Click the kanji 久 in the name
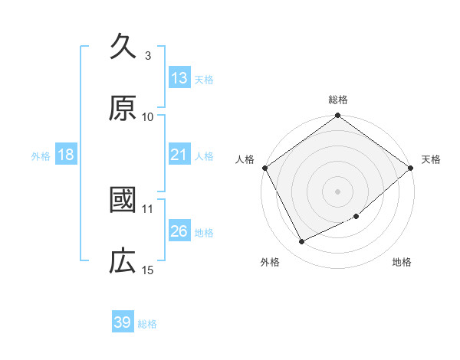pos(123,47)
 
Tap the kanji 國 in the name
pos(123,201)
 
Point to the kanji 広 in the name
pos(123,262)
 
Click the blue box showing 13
pos(179,78)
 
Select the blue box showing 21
pos(179,155)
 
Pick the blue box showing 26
pos(179,231)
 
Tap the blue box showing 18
pos(66,155)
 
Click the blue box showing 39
pos(123,322)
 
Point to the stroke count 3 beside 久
pos(147,55)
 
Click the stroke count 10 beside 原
pos(148,116)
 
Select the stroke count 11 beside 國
pos(148,208)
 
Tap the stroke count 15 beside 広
pos(148,270)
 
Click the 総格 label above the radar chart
pos(338,100)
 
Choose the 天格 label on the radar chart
pos(432,159)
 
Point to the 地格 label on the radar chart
pos(402,263)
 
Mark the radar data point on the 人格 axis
pos(264,168)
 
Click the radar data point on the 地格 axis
pos(356,217)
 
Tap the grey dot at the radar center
pos(338,191)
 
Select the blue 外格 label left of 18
pos(41,155)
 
